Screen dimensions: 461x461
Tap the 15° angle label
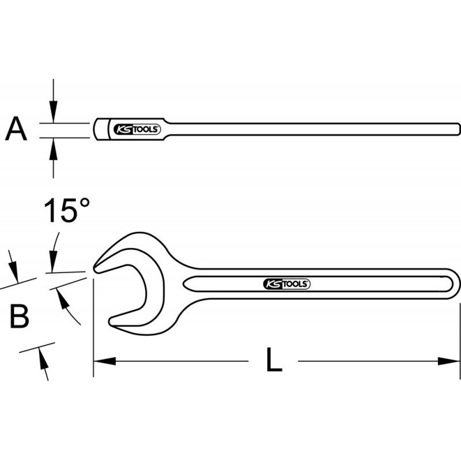tap(69, 211)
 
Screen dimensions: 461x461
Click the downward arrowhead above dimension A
tap(54, 112)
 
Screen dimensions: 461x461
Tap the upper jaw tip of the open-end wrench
tap(98, 266)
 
